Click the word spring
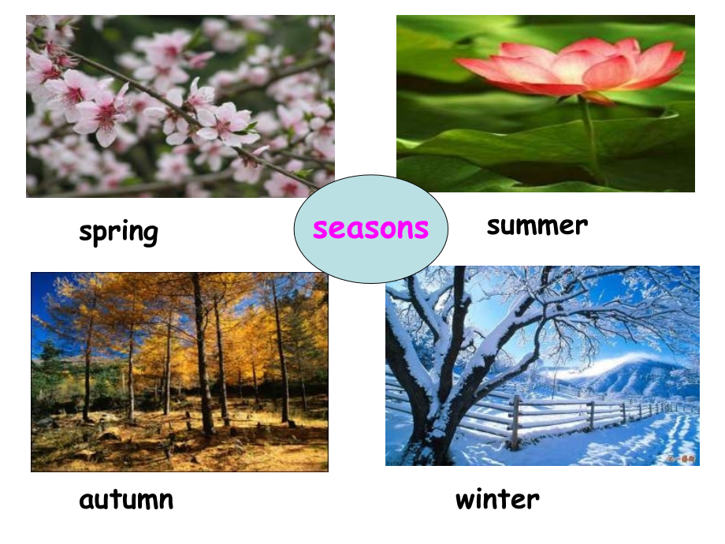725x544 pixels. point(118,233)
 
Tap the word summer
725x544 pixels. point(537,225)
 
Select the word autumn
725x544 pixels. point(126,500)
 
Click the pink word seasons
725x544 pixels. point(371,228)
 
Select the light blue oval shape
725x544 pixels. point(371,229)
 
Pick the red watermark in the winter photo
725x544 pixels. point(681,458)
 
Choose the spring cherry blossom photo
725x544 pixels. point(180,106)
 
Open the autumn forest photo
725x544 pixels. point(180,372)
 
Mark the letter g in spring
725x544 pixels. point(148,234)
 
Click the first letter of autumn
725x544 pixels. point(87,501)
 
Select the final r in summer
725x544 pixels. point(582,227)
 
